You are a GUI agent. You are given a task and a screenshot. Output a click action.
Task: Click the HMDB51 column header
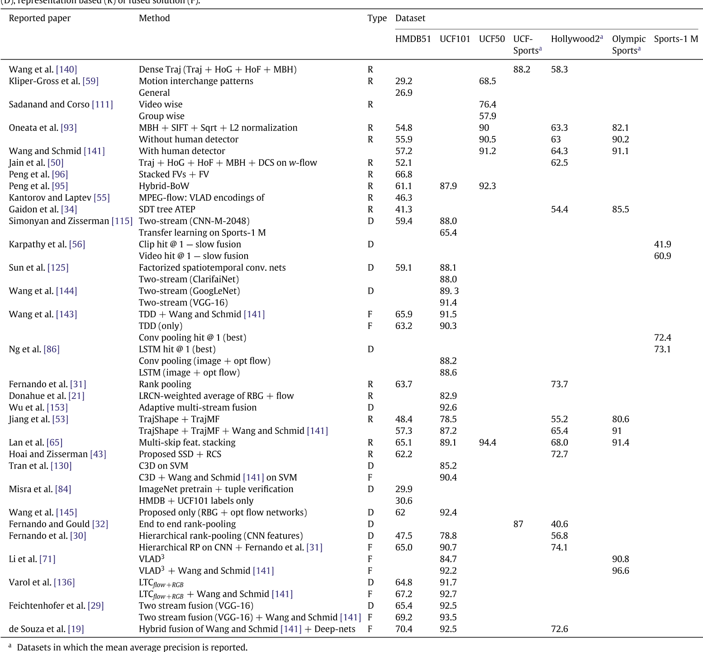tap(413, 39)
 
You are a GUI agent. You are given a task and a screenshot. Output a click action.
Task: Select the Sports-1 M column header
tap(676, 39)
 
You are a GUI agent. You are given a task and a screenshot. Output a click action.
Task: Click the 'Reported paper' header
tap(40, 18)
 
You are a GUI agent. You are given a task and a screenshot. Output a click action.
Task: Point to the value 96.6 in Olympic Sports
tap(621, 571)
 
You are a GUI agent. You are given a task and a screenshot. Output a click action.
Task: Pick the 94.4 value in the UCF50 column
tap(488, 442)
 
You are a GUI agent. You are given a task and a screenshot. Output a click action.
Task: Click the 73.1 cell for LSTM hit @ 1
tap(662, 349)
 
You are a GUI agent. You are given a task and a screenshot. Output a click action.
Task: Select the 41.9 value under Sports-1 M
tap(662, 244)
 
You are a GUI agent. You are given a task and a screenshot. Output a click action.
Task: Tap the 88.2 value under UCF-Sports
tap(522, 70)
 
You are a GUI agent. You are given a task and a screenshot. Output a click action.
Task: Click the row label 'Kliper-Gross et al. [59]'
tap(53, 81)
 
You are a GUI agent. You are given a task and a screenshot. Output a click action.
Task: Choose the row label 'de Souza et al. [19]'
tap(46, 629)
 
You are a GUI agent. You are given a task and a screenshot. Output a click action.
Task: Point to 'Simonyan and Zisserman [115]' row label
tap(71, 221)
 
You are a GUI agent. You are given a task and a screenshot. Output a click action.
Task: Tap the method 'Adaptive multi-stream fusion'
tap(198, 408)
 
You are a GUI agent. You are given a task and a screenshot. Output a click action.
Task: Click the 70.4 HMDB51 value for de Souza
tap(404, 629)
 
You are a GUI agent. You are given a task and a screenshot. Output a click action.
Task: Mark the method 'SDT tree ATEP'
tap(167, 210)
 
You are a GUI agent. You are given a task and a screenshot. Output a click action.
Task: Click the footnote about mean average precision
tap(132, 647)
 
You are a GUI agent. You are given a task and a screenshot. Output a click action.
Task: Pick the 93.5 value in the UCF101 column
tap(448, 617)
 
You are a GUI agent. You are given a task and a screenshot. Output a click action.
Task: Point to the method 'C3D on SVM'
tap(163, 466)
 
